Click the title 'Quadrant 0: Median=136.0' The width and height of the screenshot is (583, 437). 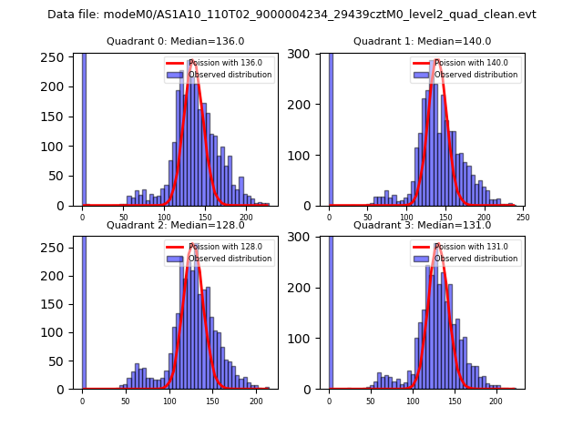click(x=176, y=41)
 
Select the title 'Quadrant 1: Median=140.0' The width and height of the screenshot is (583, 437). click(x=423, y=41)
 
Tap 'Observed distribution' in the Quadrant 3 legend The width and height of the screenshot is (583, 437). click(x=476, y=259)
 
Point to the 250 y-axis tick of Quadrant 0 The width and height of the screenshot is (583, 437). click(x=56, y=57)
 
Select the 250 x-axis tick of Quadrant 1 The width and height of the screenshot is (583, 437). click(x=523, y=218)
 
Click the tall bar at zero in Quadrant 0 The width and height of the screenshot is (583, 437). click(x=83, y=127)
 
